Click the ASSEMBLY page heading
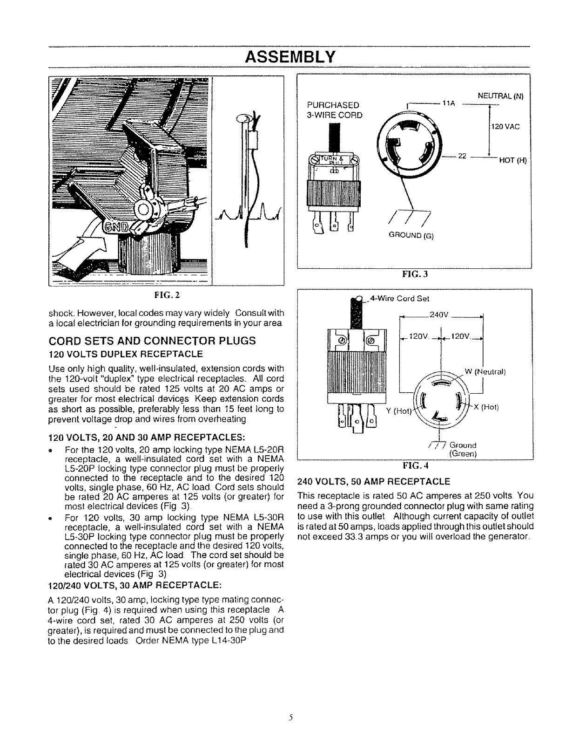[289, 57]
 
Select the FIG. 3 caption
[414, 274]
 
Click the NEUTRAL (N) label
[500, 97]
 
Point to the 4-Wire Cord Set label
[399, 299]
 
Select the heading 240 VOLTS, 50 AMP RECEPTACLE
[373, 481]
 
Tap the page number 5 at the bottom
[289, 717]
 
